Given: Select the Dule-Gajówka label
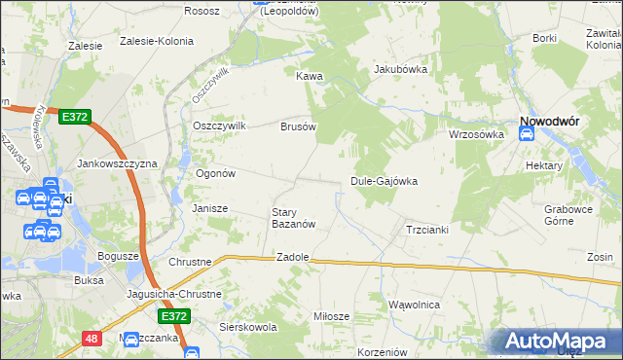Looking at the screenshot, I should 384,182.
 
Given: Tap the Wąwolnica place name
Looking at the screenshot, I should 415,305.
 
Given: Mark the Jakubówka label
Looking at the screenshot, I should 401,69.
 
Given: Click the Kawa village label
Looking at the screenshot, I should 309,75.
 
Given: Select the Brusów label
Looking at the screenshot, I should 298,126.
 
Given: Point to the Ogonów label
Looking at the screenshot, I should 216,173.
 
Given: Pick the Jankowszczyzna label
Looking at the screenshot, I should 117,164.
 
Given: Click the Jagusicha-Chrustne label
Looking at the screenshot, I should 174,293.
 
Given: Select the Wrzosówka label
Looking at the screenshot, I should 475,134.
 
